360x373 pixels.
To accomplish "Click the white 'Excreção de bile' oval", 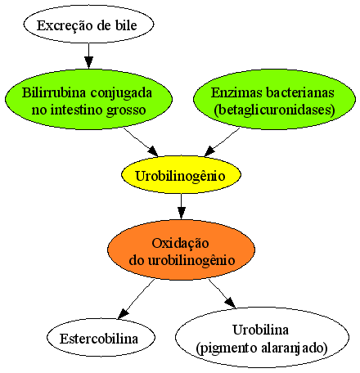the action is pos(88,25).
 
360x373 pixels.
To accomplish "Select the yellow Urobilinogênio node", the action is pos(181,175).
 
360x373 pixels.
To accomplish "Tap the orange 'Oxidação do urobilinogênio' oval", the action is pos(181,249).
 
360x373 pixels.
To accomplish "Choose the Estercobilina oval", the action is pos(101,338).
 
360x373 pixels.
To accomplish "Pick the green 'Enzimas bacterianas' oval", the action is pos(274,99).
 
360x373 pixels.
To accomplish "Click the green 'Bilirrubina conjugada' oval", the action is pos(88,99).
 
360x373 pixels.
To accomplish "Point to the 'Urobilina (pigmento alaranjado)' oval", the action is pos(262,338).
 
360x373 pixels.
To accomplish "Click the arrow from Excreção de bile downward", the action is pos(88,56).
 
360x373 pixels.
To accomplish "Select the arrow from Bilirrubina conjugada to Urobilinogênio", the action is pos(141,142).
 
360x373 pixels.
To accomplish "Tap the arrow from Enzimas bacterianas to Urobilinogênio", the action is pos(222,142).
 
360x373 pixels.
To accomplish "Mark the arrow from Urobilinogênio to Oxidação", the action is pos(182,206).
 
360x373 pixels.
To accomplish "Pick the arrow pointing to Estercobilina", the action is pos(136,299).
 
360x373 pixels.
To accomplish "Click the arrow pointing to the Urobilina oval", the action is pos(223,294).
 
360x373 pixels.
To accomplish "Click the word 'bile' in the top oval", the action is pos(126,25).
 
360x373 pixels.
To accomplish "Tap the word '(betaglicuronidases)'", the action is pos(274,110).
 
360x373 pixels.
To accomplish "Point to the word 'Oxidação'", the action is pos(180,243).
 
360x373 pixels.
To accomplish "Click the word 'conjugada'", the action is pos(121,93).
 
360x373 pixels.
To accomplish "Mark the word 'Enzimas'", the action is pos(236,92).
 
